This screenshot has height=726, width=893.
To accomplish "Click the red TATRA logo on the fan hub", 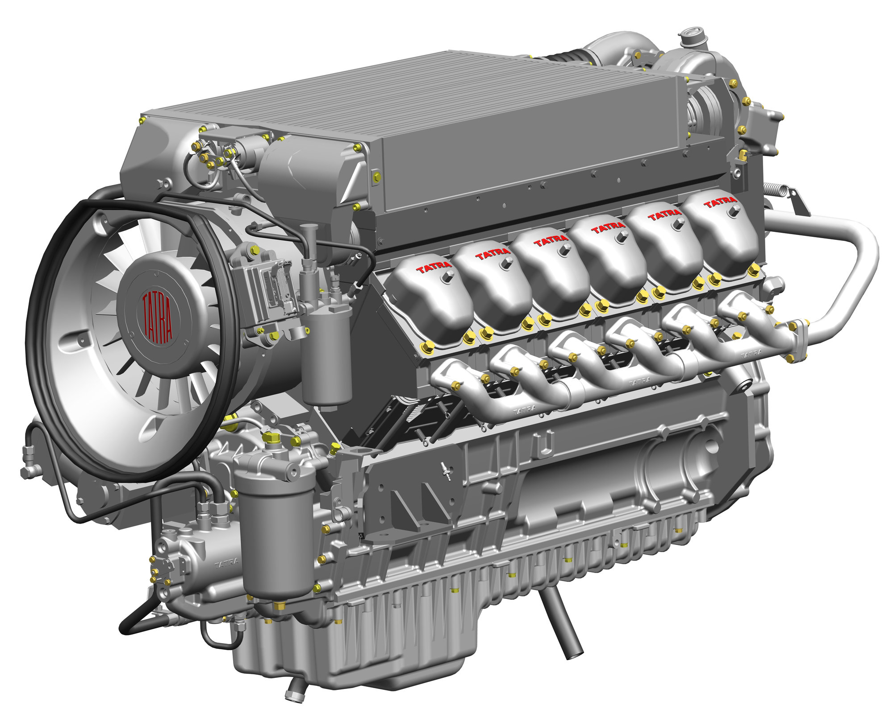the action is pyautogui.click(x=157, y=318).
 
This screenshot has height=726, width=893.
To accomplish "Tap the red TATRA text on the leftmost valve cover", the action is pyautogui.click(x=434, y=268).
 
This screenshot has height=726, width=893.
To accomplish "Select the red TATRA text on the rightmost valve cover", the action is pyautogui.click(x=720, y=202).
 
